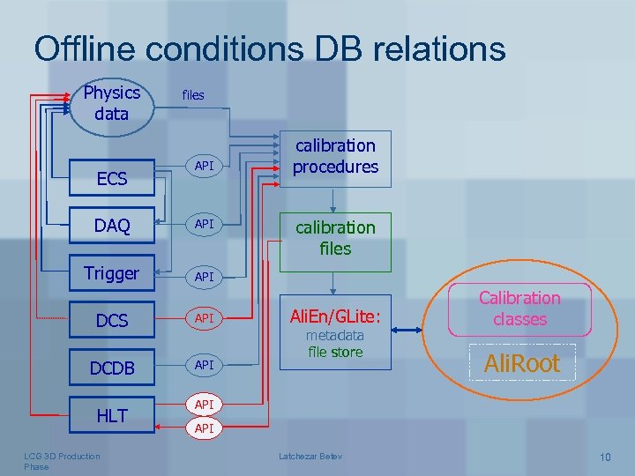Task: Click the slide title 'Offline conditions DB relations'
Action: pos(270,48)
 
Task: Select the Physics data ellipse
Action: pos(111,104)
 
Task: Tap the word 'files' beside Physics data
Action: pos(192,95)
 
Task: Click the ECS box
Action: pos(112,179)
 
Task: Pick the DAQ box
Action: pos(112,227)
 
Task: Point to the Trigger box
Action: pos(111,273)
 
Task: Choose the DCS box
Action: pos(112,321)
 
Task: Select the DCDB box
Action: pos(112,368)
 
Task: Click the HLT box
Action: pos(112,416)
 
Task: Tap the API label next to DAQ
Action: pos(205,225)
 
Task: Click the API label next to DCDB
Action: pos(205,364)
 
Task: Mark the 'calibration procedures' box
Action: pos(335,157)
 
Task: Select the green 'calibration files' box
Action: pos(335,238)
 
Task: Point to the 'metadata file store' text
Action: pos(335,345)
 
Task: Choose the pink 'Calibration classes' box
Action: pos(519,309)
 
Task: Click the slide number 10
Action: pos(604,457)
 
